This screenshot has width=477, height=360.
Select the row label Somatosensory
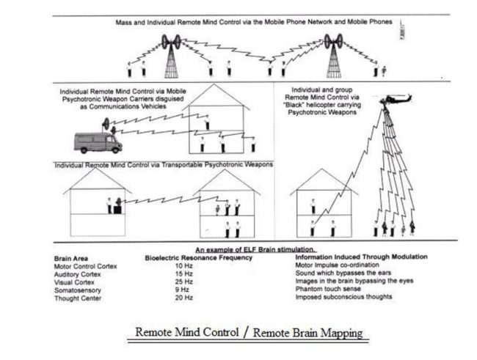click(x=79, y=290)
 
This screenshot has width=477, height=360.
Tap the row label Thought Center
click(x=79, y=298)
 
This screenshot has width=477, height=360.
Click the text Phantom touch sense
click(x=325, y=290)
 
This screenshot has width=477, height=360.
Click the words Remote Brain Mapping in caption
click(x=307, y=333)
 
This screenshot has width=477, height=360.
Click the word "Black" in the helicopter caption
click(x=302, y=107)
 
